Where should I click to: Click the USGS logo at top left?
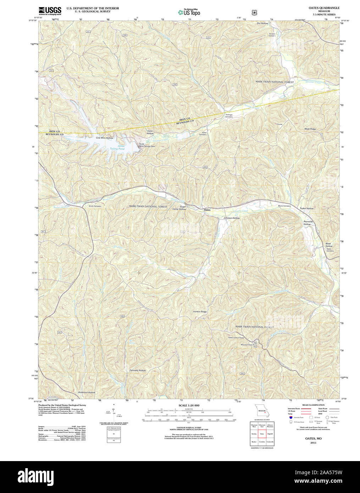tap(50, 10)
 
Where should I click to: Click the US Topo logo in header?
tap(189, 12)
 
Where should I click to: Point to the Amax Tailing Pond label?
tap(117, 148)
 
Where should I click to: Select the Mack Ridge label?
tap(310, 129)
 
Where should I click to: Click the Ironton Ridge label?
tap(200, 311)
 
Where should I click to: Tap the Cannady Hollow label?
tap(137, 370)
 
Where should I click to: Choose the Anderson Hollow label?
tap(87, 392)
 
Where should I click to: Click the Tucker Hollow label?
tap(306, 209)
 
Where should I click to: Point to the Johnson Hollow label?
tap(232, 218)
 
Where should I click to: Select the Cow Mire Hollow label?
tap(104, 138)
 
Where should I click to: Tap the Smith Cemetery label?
tap(95, 206)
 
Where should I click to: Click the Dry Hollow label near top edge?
tap(262, 23)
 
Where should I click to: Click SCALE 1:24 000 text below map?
tap(189, 405)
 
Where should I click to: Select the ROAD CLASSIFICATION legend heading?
tap(313, 405)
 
